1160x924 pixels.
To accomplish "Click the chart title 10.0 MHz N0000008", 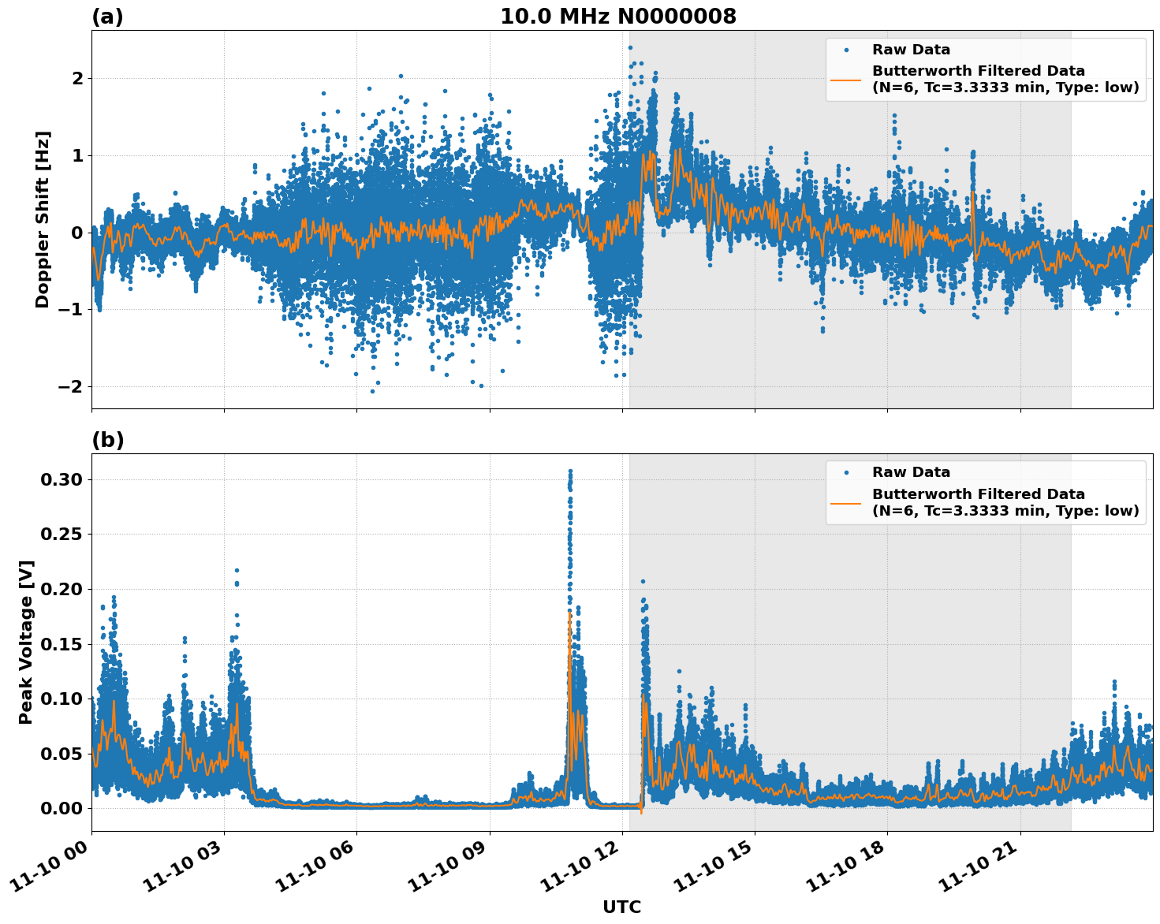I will click(x=617, y=17).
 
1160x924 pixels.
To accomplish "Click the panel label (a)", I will click(x=107, y=17).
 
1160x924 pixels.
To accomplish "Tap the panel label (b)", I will click(x=107, y=440).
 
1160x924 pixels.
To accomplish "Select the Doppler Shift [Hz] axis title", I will click(x=43, y=219).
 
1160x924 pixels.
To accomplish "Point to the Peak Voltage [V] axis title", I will click(x=26, y=643).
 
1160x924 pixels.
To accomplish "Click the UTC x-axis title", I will click(x=621, y=907).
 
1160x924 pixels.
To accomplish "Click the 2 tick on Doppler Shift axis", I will click(x=77, y=78).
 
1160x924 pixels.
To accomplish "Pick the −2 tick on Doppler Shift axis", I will click(x=71, y=386).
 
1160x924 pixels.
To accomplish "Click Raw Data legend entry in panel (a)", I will click(x=911, y=50).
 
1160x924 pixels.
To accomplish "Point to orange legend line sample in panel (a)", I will click(x=846, y=79).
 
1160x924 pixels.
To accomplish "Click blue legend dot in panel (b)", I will click(x=846, y=472).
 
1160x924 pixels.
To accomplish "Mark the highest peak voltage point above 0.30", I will click(x=570, y=471).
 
